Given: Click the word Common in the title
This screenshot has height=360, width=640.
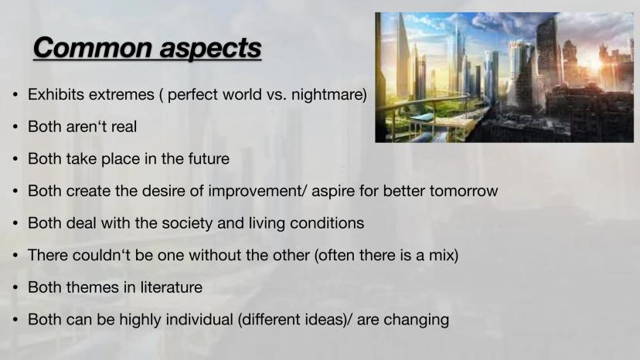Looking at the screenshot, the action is [92, 48].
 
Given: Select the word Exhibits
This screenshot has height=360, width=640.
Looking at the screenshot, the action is [56, 94].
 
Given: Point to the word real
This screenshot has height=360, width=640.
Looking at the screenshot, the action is [124, 127].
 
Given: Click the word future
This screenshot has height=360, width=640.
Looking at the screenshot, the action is [209, 159].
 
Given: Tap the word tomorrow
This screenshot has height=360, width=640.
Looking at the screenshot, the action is [464, 191].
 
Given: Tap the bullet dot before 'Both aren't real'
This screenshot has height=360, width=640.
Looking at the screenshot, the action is [15, 127].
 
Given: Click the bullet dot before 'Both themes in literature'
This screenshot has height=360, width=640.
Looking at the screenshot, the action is [15, 288].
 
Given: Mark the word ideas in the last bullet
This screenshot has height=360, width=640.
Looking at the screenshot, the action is [325, 320].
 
